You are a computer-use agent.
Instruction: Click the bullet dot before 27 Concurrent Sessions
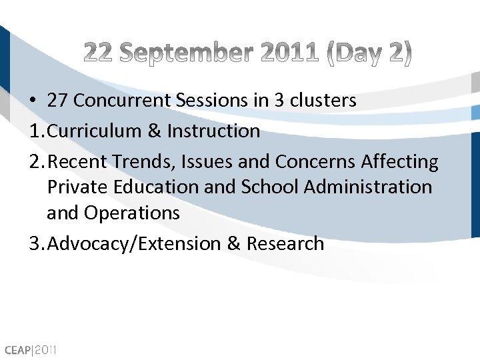(x=33, y=101)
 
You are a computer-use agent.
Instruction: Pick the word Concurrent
(x=124, y=101)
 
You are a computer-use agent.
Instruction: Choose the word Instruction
(x=213, y=131)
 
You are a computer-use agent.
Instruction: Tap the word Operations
(x=131, y=213)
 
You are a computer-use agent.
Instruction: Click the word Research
(x=285, y=243)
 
